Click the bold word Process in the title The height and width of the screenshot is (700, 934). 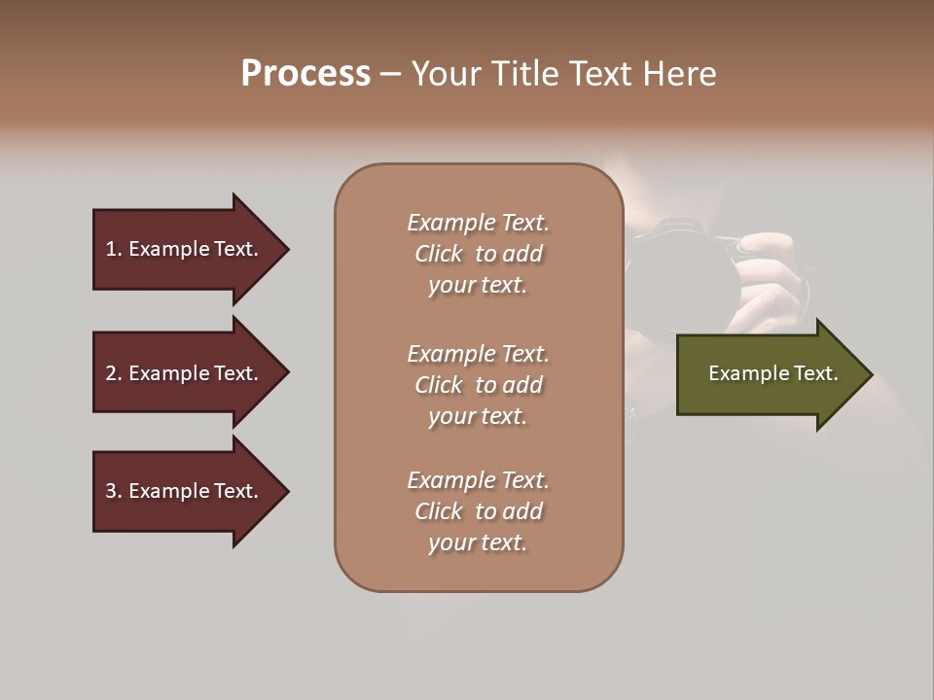[x=305, y=73]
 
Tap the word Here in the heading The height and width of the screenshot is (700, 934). [x=681, y=73]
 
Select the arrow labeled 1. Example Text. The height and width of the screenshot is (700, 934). [x=185, y=249]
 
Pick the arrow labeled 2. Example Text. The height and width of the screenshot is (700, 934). [x=185, y=372]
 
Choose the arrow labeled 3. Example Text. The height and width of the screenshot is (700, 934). [x=185, y=491]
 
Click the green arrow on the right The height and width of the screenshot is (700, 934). [x=769, y=373]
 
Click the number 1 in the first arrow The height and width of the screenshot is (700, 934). [x=110, y=249]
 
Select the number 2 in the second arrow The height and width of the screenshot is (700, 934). [x=110, y=373]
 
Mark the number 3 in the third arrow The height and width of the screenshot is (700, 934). [x=110, y=491]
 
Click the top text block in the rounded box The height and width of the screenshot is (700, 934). [x=478, y=254]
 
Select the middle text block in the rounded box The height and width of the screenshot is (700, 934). [x=478, y=385]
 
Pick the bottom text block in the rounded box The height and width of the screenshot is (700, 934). [x=478, y=511]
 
